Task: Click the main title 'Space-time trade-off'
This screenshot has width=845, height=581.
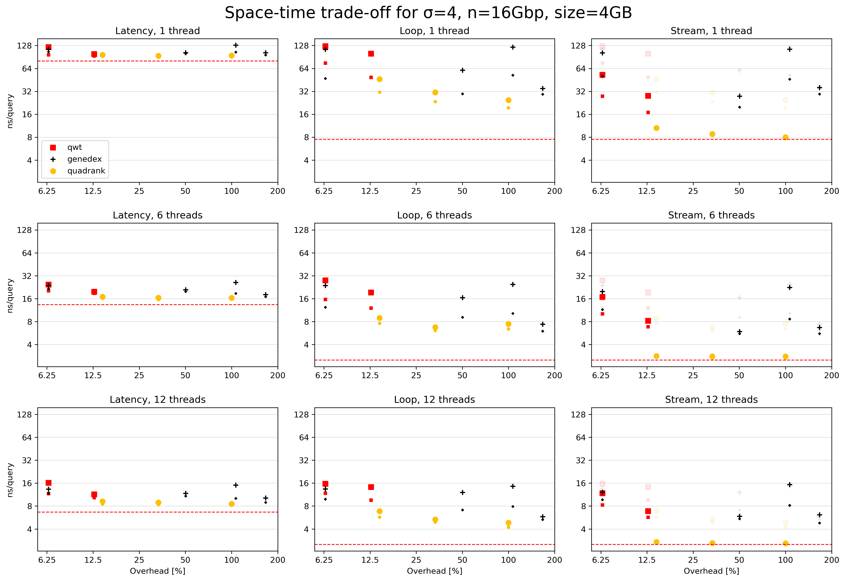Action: (428, 13)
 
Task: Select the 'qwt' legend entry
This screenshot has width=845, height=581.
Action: (74, 147)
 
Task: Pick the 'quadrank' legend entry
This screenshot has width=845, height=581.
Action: (86, 171)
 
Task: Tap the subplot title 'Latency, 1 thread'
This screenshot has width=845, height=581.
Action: (157, 31)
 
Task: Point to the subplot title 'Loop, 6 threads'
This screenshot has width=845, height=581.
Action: (434, 215)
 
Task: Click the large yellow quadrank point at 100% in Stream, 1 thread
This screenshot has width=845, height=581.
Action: (785, 137)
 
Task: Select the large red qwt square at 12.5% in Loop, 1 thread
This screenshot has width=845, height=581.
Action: (371, 54)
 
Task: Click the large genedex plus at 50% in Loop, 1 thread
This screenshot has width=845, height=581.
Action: (462, 70)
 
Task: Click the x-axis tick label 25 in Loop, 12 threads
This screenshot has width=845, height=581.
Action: (416, 560)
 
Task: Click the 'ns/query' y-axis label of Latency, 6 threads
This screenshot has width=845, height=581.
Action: (10, 296)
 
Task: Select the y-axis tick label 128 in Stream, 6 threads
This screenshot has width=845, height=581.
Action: (578, 230)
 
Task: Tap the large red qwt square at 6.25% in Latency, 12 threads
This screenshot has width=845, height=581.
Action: (49, 483)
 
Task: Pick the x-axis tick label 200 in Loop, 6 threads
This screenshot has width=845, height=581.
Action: (554, 375)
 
